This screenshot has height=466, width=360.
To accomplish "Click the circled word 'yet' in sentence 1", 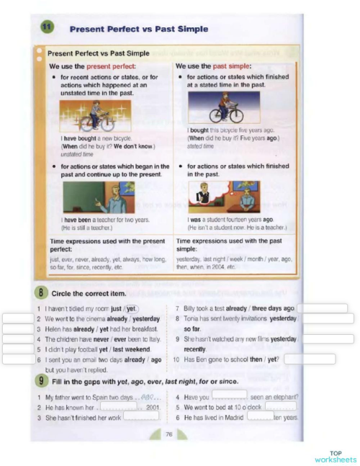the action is pos(132,308).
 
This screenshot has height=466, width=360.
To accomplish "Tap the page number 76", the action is pos(168,434).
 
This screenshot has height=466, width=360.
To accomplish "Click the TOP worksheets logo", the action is pos(335,457).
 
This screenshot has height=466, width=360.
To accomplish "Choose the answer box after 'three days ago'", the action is pos(322,308).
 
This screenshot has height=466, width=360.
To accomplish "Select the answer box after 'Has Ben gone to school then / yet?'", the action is pos(309,359).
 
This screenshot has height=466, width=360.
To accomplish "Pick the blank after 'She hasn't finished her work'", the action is pos(141,416).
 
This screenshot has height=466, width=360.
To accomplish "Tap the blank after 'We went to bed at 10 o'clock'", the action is pos(280,405).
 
